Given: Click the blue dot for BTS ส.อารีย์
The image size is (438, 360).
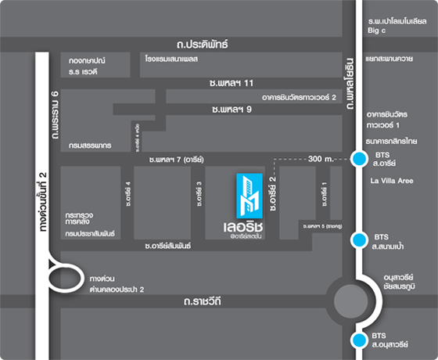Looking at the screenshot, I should pos(359,160).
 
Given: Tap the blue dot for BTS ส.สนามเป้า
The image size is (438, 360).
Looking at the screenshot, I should pos(359,239).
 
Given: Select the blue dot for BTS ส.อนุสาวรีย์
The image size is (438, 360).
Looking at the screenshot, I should pos(359,339).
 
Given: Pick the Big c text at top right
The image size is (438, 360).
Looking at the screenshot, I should pos(376,31).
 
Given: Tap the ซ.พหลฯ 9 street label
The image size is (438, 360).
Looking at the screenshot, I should pos(235,110).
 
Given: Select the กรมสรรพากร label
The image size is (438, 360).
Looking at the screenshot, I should pos(89,146).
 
